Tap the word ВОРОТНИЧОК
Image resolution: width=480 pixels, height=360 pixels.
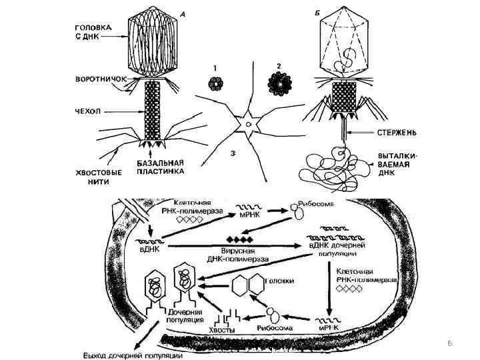coord(97,78)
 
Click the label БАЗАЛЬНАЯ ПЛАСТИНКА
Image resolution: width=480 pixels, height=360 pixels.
coord(162,169)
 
